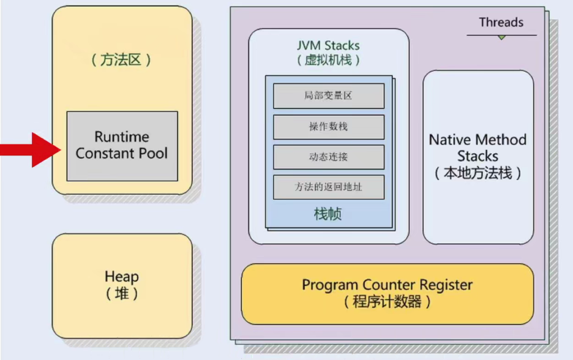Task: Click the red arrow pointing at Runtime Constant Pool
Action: [x=31, y=150]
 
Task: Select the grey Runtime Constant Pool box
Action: [x=122, y=146]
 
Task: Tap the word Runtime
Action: [x=122, y=137]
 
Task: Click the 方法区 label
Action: [x=121, y=59]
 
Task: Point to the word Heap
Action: [x=122, y=277]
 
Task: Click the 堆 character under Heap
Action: [x=122, y=293]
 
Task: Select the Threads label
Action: [x=501, y=22]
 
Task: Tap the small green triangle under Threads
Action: [x=502, y=37]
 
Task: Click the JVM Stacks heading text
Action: [x=328, y=45]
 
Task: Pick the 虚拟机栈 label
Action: [x=328, y=59]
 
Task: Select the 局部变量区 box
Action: [x=329, y=96]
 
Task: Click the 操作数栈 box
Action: [x=329, y=127]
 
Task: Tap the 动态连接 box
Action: [x=329, y=157]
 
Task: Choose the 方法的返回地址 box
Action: [x=329, y=187]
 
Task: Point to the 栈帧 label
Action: [x=328, y=214]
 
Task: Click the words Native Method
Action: [x=478, y=140]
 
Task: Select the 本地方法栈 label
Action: [x=478, y=173]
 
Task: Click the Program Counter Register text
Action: [x=388, y=285]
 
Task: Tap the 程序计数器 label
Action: [x=387, y=302]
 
